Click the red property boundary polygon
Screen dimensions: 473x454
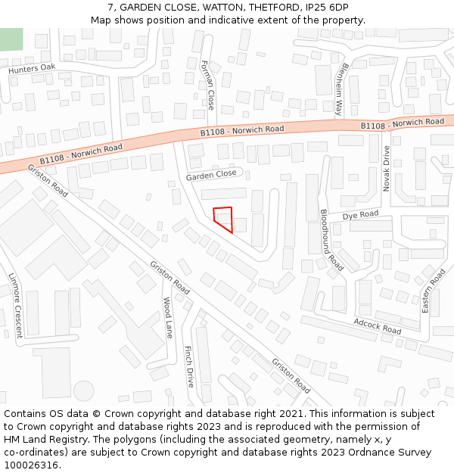[x=223, y=218]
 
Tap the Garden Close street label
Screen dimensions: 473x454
[x=211, y=175]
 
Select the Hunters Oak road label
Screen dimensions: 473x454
[x=32, y=69]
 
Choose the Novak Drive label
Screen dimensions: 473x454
[x=386, y=168]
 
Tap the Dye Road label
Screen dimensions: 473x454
[x=359, y=216]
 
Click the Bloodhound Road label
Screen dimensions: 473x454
[x=331, y=241]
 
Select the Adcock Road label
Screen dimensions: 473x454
[x=377, y=326]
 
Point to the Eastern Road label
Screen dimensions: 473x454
[x=434, y=291]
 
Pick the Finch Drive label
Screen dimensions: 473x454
[x=189, y=366]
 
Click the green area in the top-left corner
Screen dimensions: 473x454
[x=11, y=39]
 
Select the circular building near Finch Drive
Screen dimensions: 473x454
[x=84, y=391]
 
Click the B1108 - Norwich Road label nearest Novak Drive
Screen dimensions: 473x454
[x=402, y=123]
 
